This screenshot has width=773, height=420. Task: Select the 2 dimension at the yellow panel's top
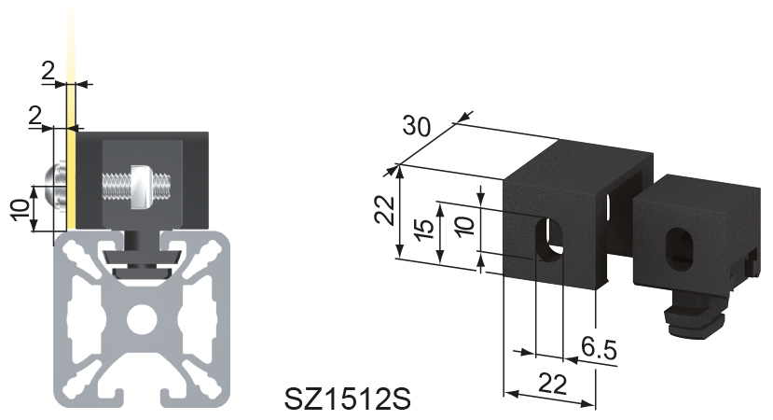pyautogui.click(x=48, y=70)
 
